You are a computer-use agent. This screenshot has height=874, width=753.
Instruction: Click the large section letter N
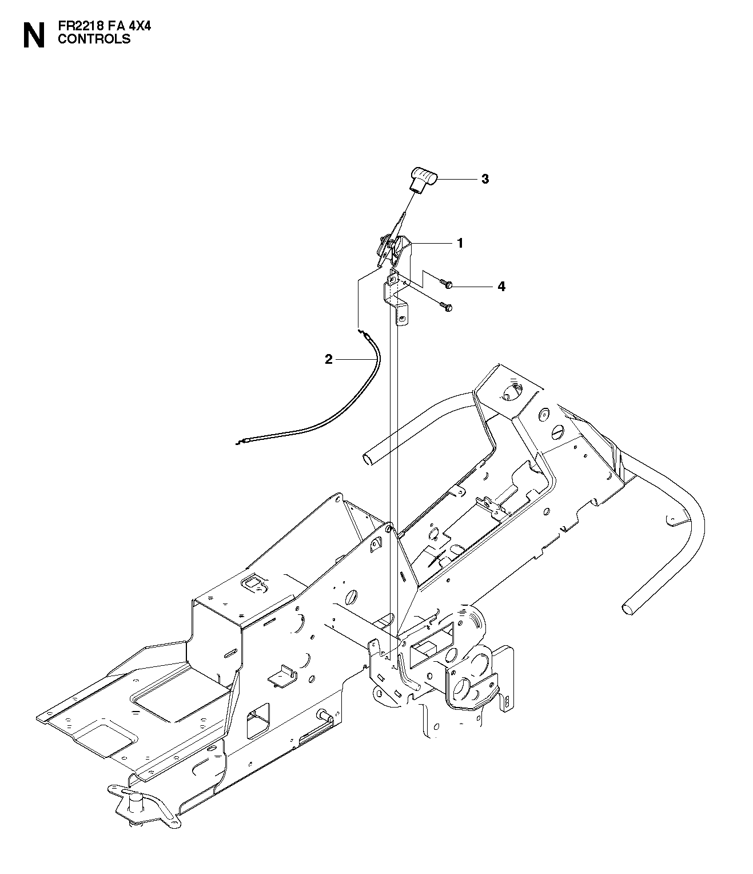click(x=34, y=35)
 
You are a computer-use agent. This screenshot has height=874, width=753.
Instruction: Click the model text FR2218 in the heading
click(x=79, y=26)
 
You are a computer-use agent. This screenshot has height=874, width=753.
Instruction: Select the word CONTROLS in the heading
click(x=94, y=39)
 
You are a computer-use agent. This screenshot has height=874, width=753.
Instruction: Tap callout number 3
click(x=485, y=179)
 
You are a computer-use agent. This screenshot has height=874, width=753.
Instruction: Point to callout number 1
click(x=460, y=243)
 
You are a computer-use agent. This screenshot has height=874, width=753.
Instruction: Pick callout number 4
click(x=501, y=287)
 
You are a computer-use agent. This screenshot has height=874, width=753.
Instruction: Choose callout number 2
click(x=328, y=359)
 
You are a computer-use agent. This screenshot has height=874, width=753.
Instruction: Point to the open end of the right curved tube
click(x=627, y=609)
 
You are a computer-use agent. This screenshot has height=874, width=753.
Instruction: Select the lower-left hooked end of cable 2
click(x=241, y=442)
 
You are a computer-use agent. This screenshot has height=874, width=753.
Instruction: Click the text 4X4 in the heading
click(x=138, y=26)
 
